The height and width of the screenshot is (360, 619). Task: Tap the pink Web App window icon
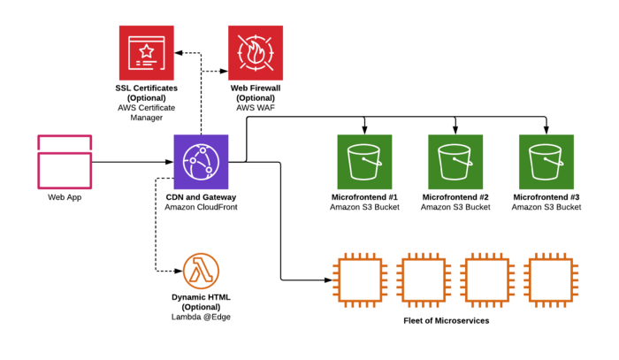[65, 161]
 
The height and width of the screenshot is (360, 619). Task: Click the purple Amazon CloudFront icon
[202, 162]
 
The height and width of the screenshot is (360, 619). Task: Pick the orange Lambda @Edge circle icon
[201, 269]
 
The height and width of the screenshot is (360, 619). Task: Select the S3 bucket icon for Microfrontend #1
[365, 162]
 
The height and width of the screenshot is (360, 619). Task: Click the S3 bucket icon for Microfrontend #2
[455, 162]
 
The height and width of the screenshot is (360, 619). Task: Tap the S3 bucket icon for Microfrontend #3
[546, 162]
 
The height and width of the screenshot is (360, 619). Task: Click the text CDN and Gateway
[202, 196]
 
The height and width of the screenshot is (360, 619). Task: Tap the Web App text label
[65, 196]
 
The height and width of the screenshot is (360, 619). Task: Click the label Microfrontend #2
[455, 196]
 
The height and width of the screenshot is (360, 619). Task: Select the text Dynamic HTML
[201, 296]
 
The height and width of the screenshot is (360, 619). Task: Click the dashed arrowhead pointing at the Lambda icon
[177, 269]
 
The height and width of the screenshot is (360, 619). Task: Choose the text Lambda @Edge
[201, 316]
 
